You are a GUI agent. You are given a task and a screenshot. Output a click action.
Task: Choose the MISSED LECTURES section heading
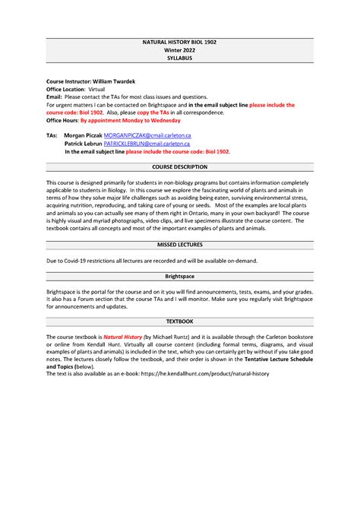point(179,246)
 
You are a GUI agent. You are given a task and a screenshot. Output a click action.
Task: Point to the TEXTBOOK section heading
point(179,322)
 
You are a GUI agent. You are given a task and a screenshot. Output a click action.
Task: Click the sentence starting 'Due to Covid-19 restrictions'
point(152,261)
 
